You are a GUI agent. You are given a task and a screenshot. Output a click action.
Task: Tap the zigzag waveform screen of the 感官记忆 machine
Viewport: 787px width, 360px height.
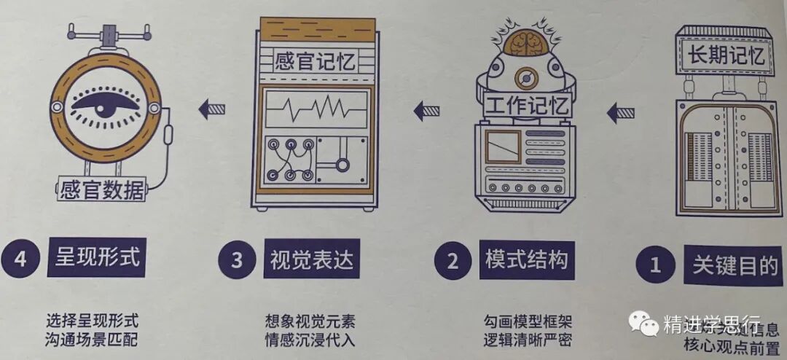(x=316, y=111)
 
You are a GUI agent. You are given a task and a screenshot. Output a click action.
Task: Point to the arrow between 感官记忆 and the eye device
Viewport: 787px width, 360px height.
(x=212, y=110)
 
